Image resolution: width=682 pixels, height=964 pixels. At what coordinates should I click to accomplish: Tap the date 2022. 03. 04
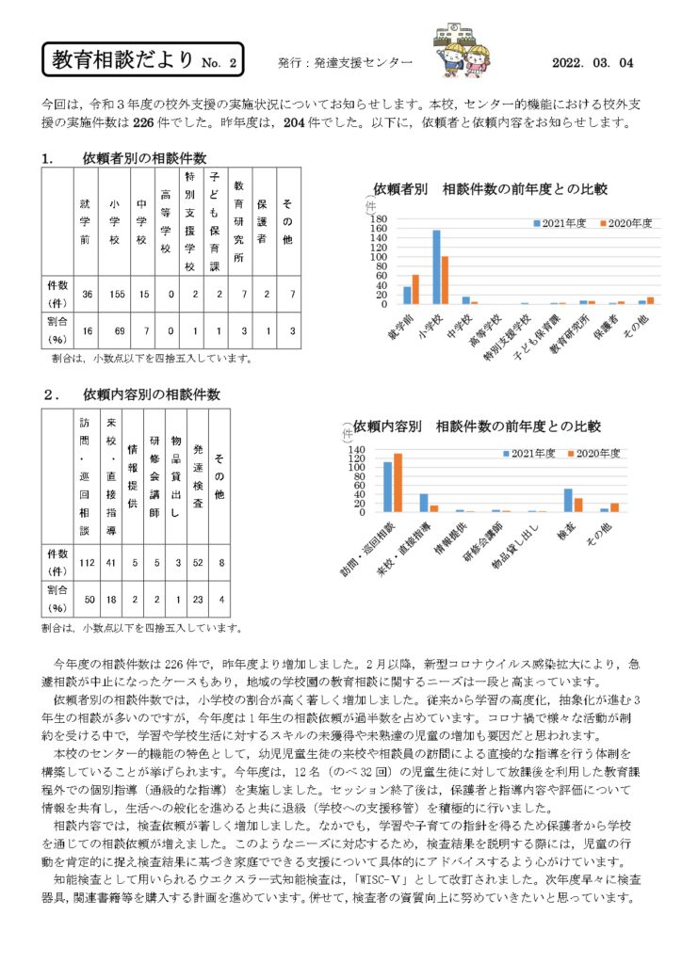593,62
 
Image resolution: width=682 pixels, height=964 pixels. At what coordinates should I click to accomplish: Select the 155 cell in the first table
115,295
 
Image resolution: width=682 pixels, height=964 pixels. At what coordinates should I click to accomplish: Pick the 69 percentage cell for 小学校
115,330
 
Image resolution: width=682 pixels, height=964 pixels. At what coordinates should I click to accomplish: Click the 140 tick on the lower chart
357,450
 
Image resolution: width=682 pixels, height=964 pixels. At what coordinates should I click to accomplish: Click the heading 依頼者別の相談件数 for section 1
144,158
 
